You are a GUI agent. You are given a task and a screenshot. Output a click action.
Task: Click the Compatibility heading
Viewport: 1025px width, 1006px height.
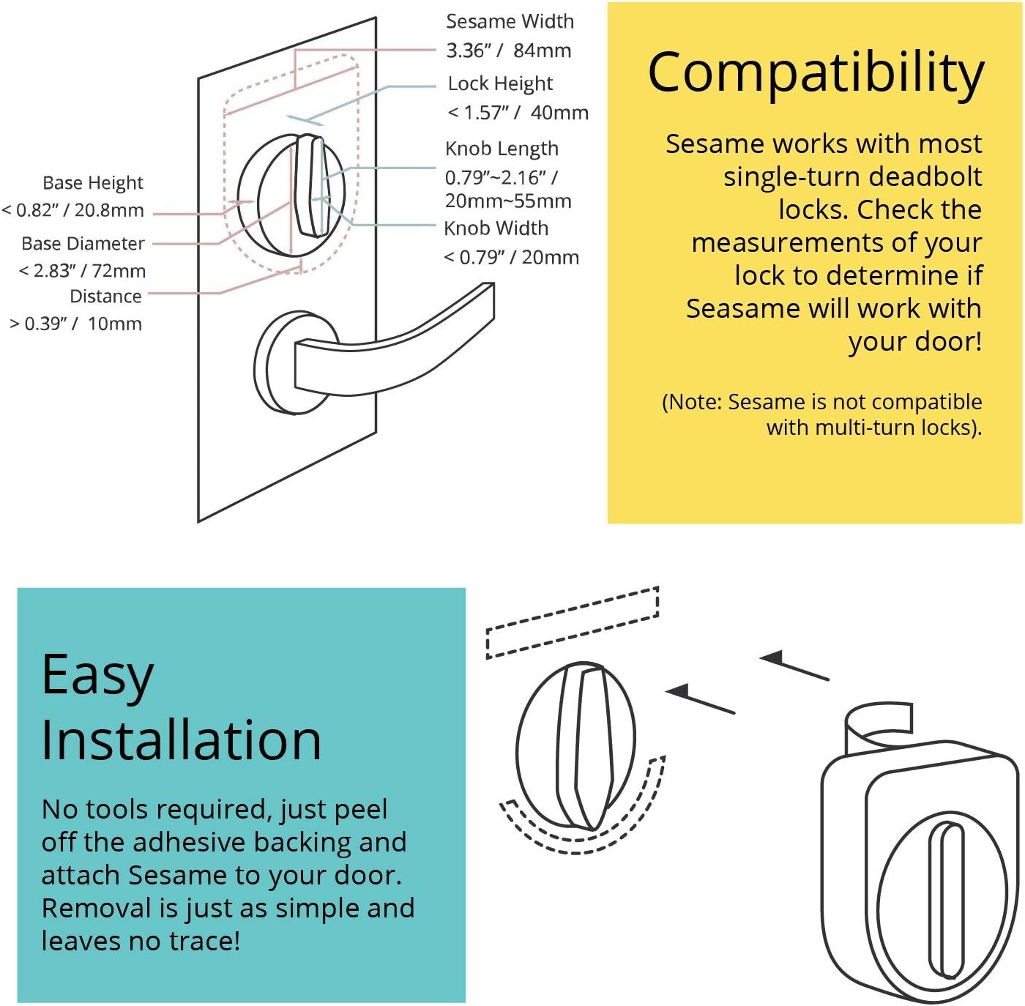pyautogui.click(x=816, y=73)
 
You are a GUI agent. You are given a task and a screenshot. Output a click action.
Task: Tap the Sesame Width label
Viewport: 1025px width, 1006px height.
pyautogui.click(x=510, y=21)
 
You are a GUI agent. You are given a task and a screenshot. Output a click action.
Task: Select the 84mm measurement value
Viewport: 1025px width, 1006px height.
pyautogui.click(x=542, y=51)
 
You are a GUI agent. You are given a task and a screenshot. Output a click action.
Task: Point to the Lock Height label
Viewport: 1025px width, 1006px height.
pyautogui.click(x=500, y=83)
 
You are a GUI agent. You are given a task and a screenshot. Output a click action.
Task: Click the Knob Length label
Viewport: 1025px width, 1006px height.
pyautogui.click(x=502, y=149)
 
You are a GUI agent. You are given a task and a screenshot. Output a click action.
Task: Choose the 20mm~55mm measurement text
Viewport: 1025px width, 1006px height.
pyautogui.click(x=508, y=201)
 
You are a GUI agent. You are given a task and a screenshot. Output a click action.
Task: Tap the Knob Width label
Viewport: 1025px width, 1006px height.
pyautogui.click(x=496, y=228)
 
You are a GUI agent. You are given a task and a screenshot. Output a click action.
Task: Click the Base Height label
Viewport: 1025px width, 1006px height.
pyautogui.click(x=92, y=182)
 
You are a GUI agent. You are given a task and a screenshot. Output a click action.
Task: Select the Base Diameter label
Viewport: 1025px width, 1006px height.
pyautogui.click(x=83, y=243)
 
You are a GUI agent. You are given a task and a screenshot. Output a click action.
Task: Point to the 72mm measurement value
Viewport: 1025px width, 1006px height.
pyautogui.click(x=119, y=271)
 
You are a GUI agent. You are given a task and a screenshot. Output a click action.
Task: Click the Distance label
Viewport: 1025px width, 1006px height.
pyautogui.click(x=105, y=297)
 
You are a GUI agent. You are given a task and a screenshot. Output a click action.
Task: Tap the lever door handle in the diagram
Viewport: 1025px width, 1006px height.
pyautogui.click(x=410, y=344)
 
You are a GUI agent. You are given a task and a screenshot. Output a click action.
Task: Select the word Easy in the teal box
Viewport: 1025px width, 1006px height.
pyautogui.click(x=97, y=676)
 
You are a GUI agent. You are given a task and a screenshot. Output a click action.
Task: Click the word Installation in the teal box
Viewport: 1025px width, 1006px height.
pyautogui.click(x=181, y=741)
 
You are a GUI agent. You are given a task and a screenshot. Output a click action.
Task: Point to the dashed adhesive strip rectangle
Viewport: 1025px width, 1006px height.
pyautogui.click(x=573, y=622)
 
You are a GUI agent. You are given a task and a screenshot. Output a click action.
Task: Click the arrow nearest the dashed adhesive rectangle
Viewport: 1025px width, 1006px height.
pyautogui.click(x=794, y=667)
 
